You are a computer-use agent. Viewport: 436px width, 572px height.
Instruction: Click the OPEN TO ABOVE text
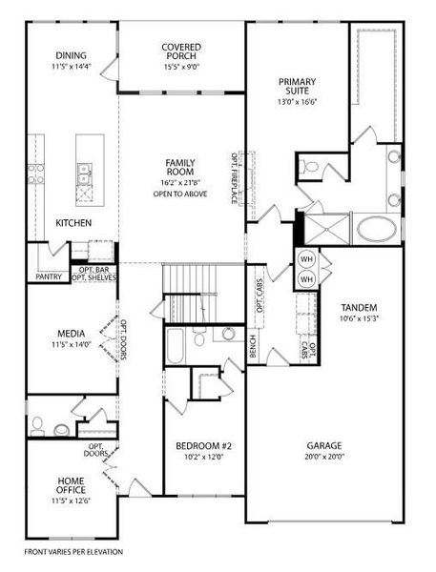[x=180, y=194]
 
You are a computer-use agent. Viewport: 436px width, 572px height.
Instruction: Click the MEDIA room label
[x=72, y=335]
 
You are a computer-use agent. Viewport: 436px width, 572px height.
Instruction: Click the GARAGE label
[x=325, y=446]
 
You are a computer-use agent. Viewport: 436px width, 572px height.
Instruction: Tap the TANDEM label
[x=359, y=307]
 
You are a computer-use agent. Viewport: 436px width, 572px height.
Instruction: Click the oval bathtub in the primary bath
[x=378, y=230]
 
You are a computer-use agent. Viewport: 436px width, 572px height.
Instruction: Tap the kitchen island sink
[x=84, y=173]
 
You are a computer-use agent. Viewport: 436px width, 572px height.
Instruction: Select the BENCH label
[x=252, y=348]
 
